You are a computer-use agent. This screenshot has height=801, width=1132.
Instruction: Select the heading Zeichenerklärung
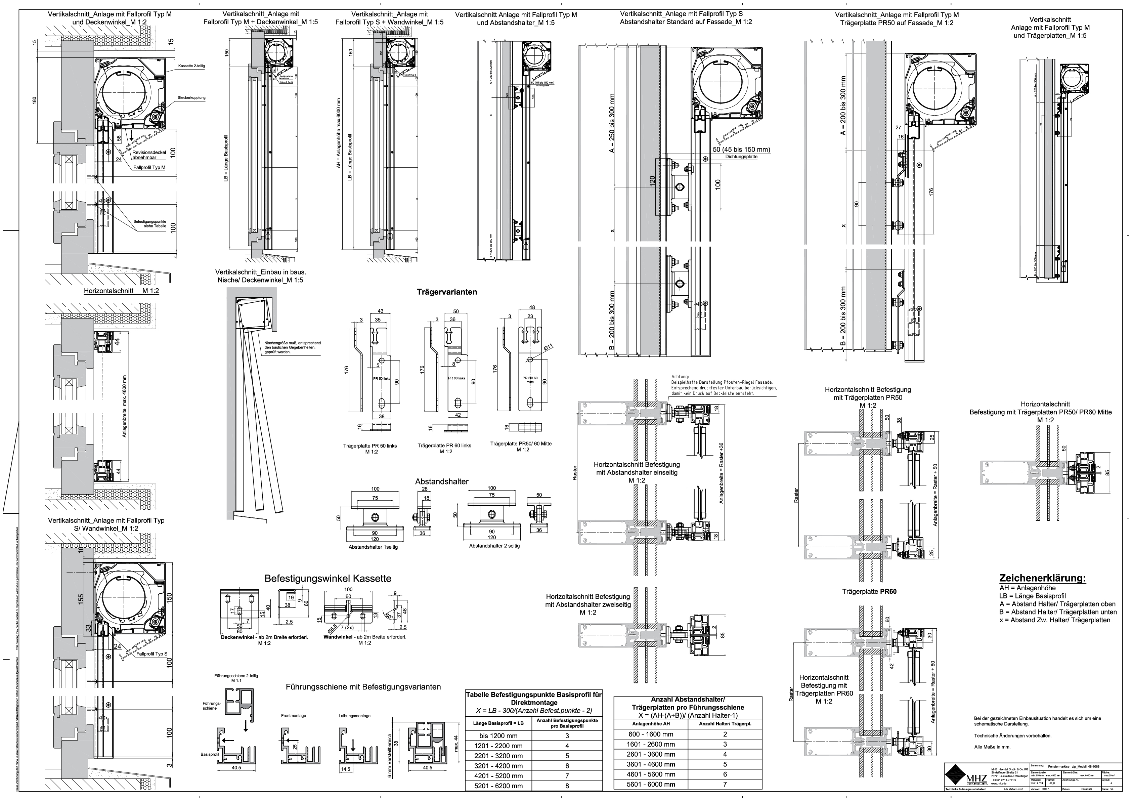click(x=1042, y=578)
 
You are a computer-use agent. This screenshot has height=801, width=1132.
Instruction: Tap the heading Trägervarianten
click(x=447, y=292)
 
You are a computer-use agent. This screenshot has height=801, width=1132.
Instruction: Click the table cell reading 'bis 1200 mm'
click(x=497, y=735)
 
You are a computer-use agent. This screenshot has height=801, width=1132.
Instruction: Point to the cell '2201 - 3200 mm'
click(x=497, y=756)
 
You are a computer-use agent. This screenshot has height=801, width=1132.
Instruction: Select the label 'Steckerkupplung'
click(x=192, y=98)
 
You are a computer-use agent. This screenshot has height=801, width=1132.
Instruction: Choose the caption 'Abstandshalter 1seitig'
click(x=373, y=547)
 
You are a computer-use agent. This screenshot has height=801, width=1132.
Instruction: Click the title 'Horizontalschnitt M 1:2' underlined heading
click(x=121, y=291)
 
